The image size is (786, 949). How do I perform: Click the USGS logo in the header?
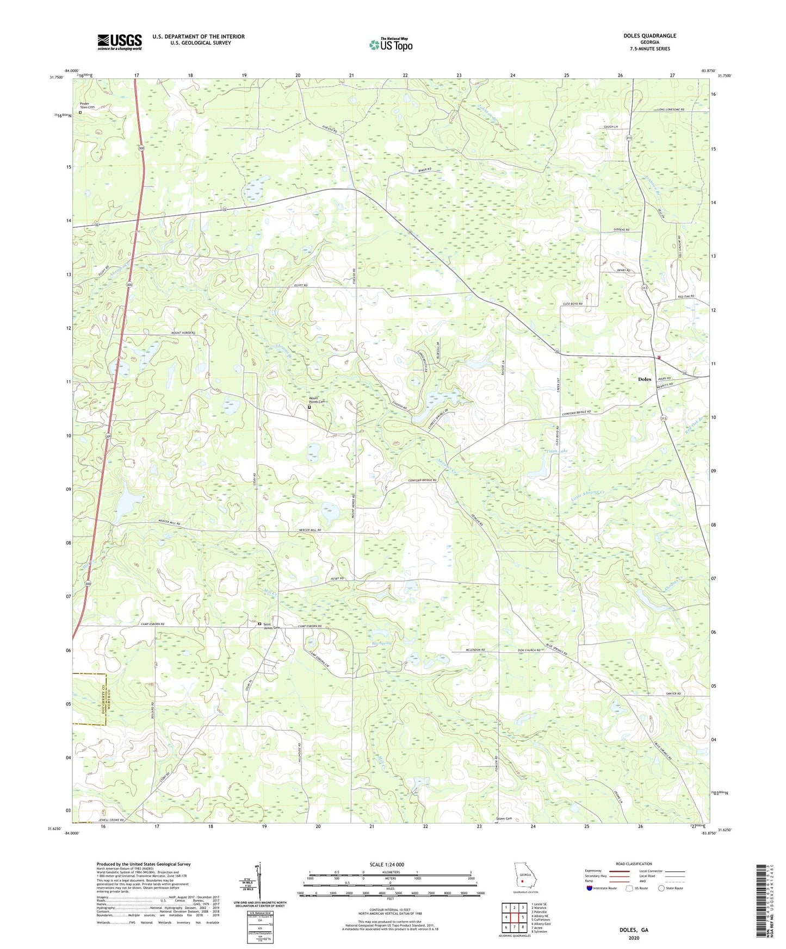(x=120, y=42)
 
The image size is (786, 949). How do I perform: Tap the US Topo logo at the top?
(x=391, y=45)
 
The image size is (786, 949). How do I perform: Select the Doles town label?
(x=644, y=379)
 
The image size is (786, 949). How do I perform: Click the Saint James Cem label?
(x=271, y=626)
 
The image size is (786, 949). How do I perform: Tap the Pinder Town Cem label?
(x=87, y=105)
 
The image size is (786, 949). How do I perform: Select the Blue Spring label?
(x=382, y=643)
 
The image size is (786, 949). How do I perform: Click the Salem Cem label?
(x=504, y=819)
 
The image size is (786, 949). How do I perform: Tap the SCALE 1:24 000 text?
(x=390, y=864)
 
